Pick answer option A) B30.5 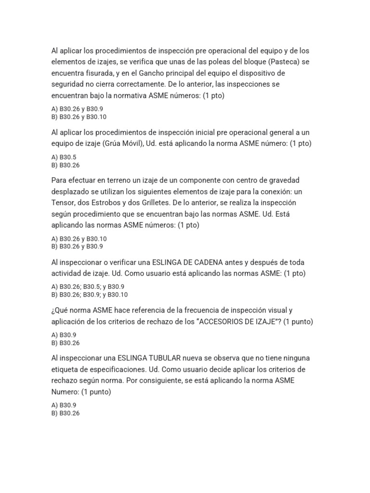coord(64,157)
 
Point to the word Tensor coord(63,203)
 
